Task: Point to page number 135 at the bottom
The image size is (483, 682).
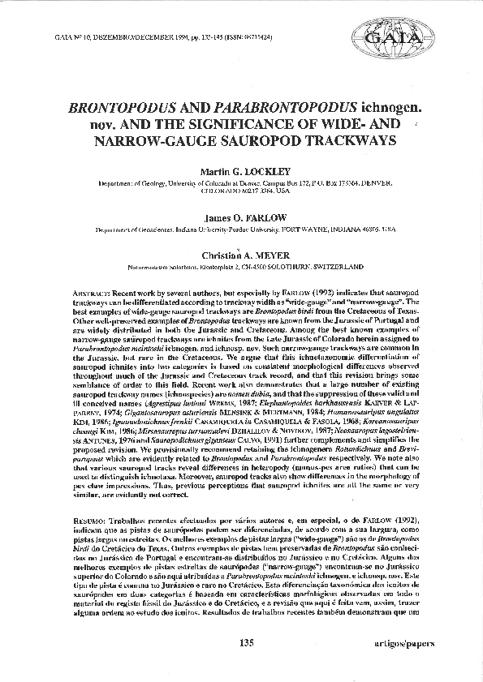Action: [248, 643]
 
